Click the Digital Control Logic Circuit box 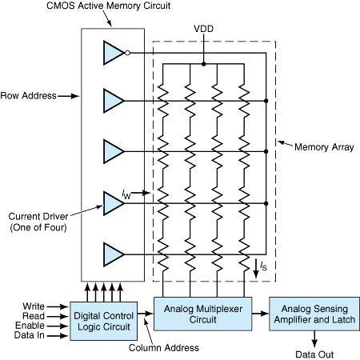tap(104, 321)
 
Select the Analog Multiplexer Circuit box tap(203, 314)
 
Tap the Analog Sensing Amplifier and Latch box tap(314, 314)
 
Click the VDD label tap(204, 29)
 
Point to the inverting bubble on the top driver tap(127, 53)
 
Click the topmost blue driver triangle tap(113, 53)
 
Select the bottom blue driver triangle tap(113, 254)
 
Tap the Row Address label tap(29, 96)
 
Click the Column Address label tap(164, 348)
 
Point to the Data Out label tap(314, 354)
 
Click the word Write tap(34, 306)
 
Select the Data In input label tap(30, 335)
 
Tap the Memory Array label tap(324, 147)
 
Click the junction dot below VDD tap(204, 64)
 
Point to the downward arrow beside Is tap(256, 269)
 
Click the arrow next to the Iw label tap(141, 193)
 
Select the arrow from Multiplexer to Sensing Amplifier tap(260, 314)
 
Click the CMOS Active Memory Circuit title tap(109, 6)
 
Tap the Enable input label tap(30, 326)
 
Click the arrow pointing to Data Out tap(314, 339)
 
